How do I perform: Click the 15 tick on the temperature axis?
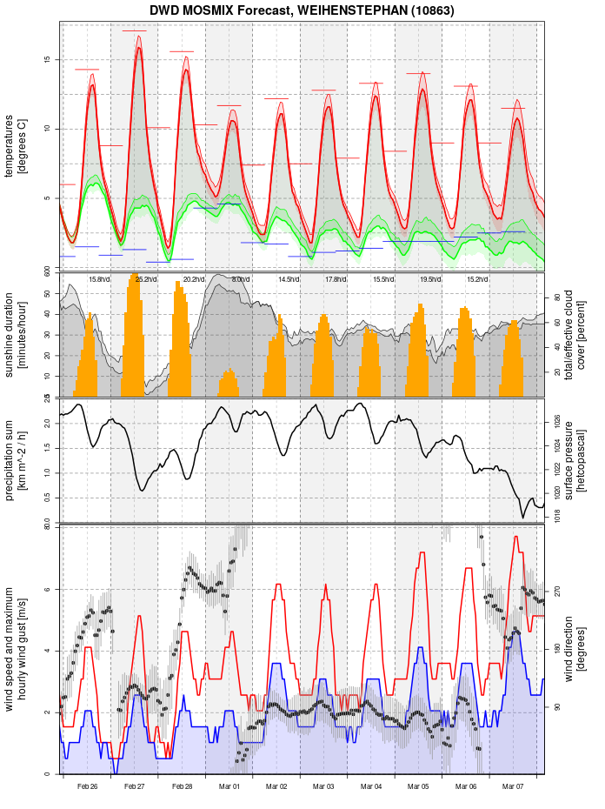48,59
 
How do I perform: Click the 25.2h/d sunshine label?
145,279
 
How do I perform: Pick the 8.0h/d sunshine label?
241,279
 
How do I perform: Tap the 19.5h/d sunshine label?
429,279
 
